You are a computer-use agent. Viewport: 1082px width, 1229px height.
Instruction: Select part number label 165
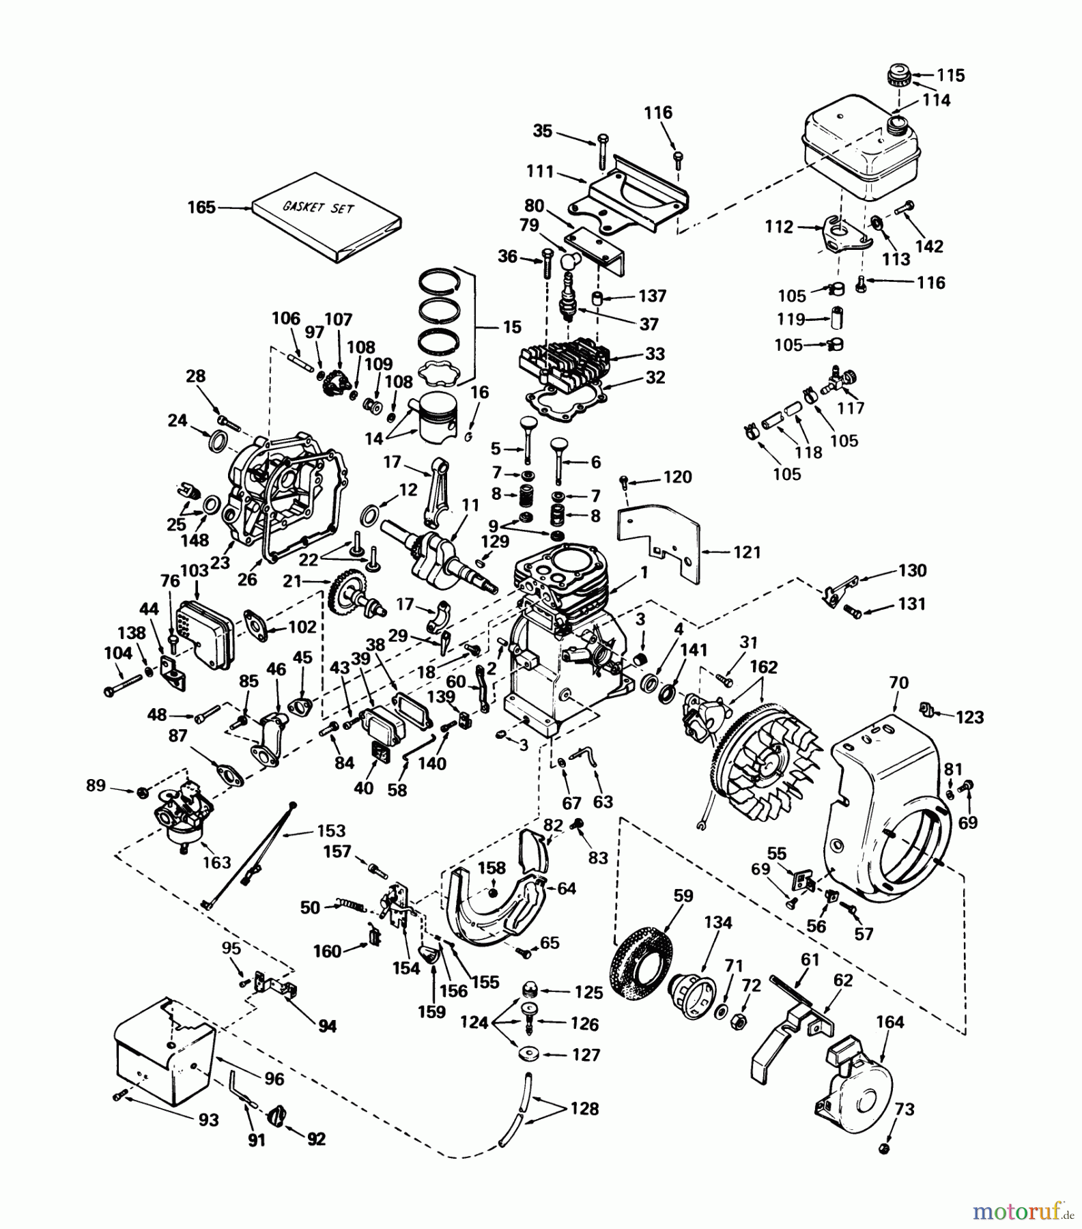(x=201, y=207)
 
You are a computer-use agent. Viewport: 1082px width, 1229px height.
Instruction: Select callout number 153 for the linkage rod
(x=331, y=831)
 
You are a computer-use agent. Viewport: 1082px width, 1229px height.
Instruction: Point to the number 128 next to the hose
(x=584, y=1109)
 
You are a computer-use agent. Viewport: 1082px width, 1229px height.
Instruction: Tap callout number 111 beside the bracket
(x=540, y=171)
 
